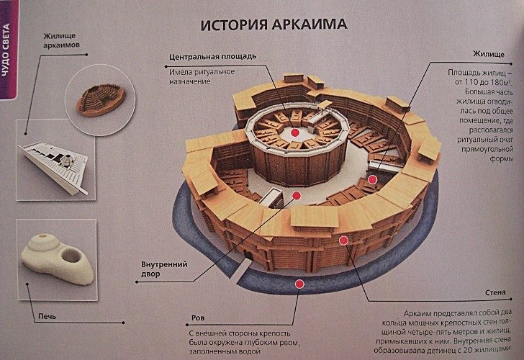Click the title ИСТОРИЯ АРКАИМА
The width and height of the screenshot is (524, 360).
[x=274, y=24]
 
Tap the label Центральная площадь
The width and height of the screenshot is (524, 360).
[x=212, y=56]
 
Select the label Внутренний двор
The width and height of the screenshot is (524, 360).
[x=164, y=269]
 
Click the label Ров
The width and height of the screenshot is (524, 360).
[x=198, y=318]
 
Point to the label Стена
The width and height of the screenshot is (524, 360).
[x=495, y=292]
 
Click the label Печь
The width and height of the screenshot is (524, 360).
[x=47, y=316]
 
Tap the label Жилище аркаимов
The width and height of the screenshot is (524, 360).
[x=61, y=40]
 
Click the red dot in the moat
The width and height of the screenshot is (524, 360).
[x=299, y=284]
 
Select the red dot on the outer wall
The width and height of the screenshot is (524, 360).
[x=343, y=240]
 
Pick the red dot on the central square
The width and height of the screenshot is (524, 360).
[x=294, y=132]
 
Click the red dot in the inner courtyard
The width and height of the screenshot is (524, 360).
[x=297, y=196]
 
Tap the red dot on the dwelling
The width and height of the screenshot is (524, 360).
[x=372, y=179]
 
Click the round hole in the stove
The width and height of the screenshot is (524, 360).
[x=71, y=256]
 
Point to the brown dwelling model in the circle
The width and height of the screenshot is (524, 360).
[x=101, y=100]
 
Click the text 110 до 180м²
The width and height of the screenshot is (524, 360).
[x=483, y=82]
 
